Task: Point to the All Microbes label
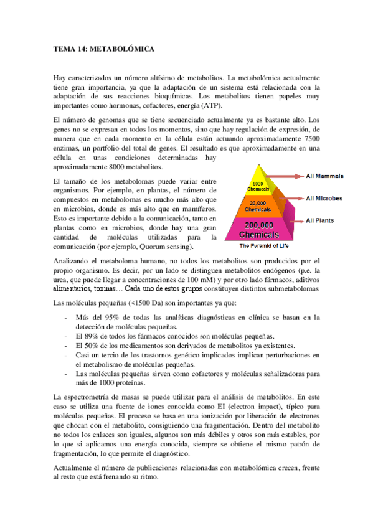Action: pos(324,199)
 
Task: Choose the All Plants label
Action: pos(320,220)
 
